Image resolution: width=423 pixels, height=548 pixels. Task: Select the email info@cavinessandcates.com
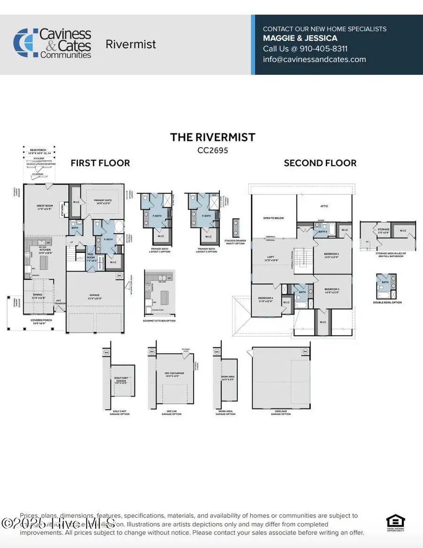[x=314, y=59]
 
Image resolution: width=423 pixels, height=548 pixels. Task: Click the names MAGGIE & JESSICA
[x=300, y=38]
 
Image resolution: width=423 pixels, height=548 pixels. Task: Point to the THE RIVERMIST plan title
[x=212, y=137]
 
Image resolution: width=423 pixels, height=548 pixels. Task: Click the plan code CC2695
[x=212, y=150]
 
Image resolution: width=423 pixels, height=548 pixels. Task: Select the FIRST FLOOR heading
[x=100, y=163]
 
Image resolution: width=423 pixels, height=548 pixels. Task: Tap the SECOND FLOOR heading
[x=320, y=163]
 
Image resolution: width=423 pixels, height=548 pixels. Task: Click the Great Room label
[x=46, y=207]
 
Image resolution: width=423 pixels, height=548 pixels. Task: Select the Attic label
[x=324, y=206]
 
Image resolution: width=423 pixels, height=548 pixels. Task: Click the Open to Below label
[x=273, y=218]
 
